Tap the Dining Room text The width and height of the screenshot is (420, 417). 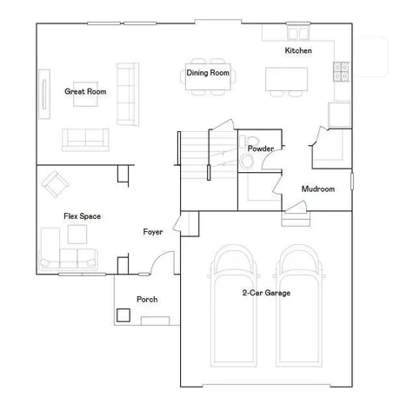tap(208, 73)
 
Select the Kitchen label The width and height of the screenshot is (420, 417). tap(298, 51)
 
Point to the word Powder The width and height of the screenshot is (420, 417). tap(261, 149)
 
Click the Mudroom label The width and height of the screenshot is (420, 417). tap(318, 189)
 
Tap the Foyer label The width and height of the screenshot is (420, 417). tap(154, 232)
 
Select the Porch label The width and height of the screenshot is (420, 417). tap(147, 300)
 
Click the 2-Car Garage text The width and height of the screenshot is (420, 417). tap(266, 293)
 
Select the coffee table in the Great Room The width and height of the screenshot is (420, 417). tap(86, 99)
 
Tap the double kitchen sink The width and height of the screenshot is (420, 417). tap(299, 34)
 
